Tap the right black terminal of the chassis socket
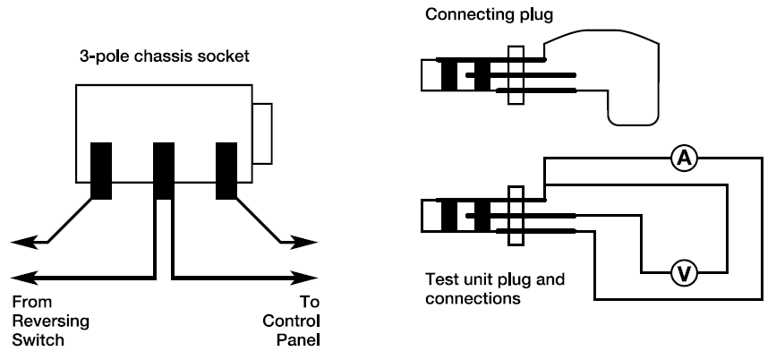coord(225,170)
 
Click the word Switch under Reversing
coord(34,339)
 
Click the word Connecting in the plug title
coord(459,15)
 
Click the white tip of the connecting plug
coord(429,75)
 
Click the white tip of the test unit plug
coord(429,216)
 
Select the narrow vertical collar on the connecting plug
coord(515,75)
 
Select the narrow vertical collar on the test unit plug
coord(515,216)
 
